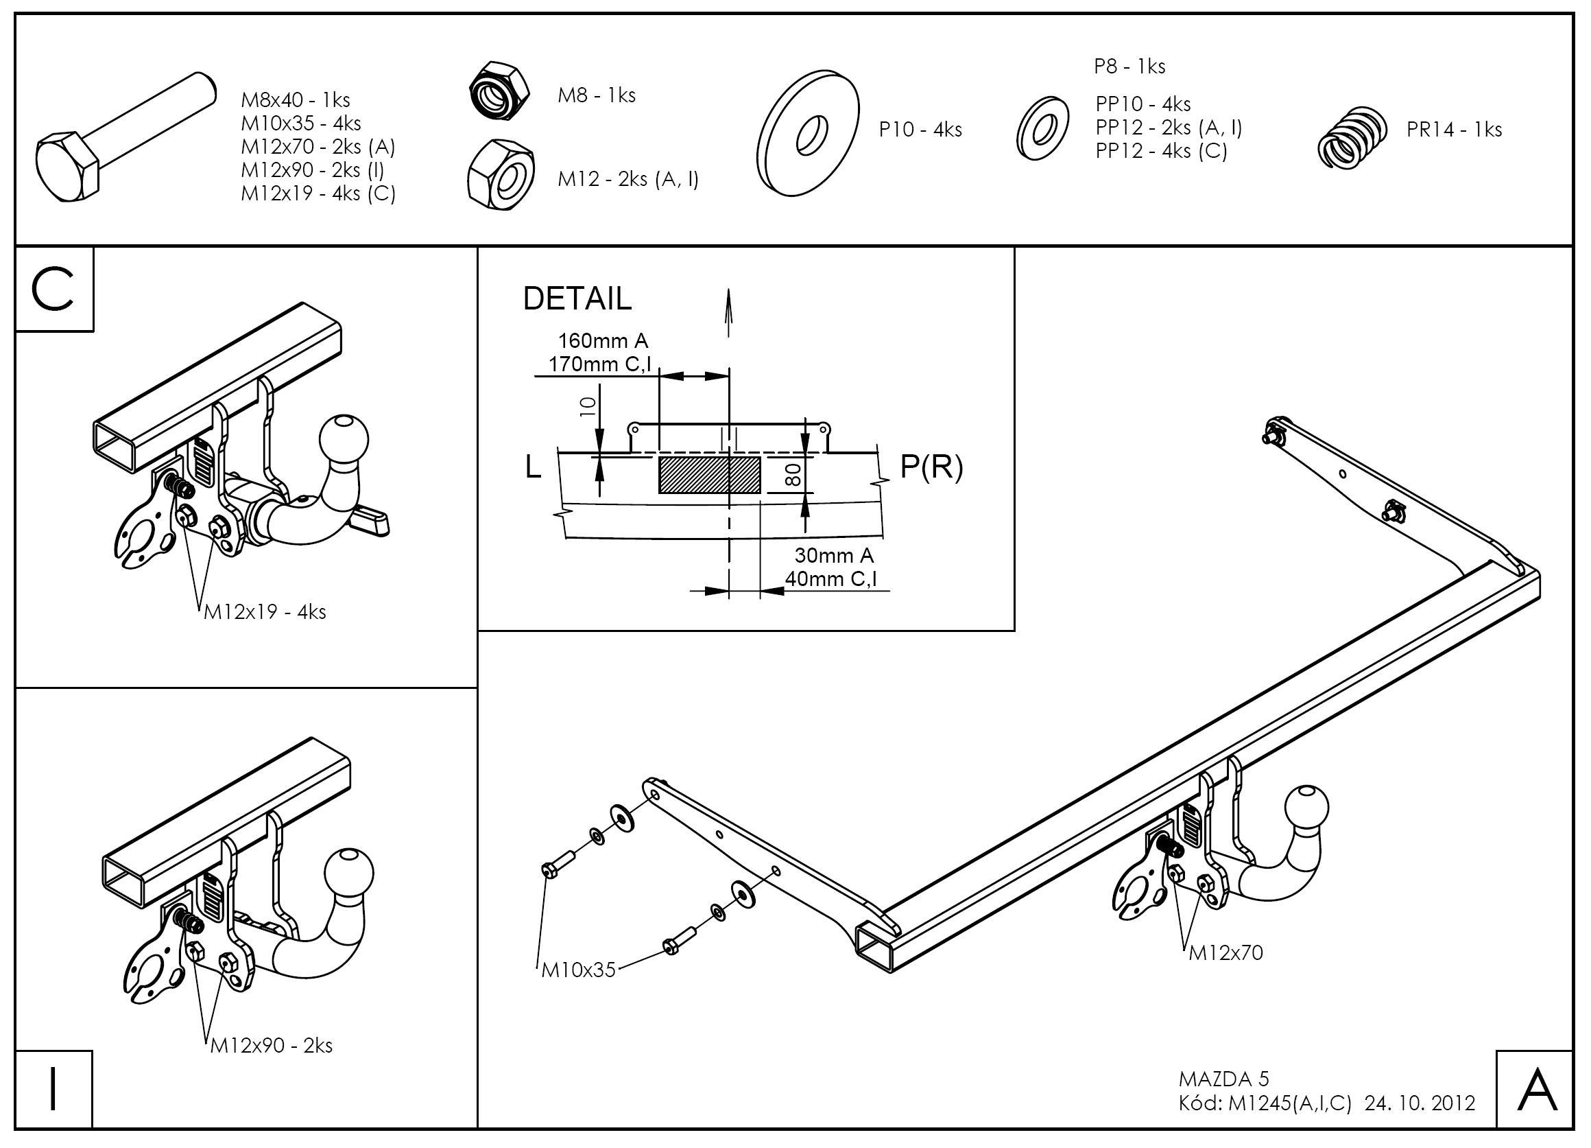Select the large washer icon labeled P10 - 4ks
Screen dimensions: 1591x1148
tap(808, 133)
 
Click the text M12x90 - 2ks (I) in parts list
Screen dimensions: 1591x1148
tap(313, 169)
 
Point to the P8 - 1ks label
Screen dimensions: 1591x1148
tap(1129, 67)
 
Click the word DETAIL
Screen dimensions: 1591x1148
tap(577, 299)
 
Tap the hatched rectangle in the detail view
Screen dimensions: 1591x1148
tap(709, 474)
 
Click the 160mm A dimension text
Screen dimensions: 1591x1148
tap(603, 341)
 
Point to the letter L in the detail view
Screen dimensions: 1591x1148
tap(534, 467)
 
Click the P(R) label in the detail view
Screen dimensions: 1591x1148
tap(931, 467)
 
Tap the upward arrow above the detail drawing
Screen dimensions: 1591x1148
tap(729, 312)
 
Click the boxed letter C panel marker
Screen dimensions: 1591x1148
tap(54, 289)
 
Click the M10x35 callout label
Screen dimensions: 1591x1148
tap(578, 970)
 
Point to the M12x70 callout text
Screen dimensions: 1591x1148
tap(1225, 952)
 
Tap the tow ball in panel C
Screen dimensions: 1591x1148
tap(344, 438)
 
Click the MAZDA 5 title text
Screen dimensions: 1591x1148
tap(1223, 1078)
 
